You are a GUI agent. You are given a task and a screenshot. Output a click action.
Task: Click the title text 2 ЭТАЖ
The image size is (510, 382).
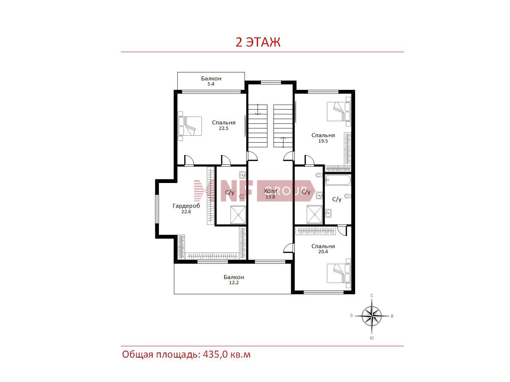pyautogui.click(x=258, y=42)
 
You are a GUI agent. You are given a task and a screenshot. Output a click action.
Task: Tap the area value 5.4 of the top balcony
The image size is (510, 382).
pyautogui.click(x=211, y=84)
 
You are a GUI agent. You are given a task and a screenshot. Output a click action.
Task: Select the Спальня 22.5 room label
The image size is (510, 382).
pyautogui.click(x=224, y=125)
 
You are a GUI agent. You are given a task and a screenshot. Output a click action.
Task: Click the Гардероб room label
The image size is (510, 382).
pyautogui.click(x=186, y=206)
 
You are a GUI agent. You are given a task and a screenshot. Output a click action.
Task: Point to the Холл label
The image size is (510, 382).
pyautogui.click(x=270, y=191)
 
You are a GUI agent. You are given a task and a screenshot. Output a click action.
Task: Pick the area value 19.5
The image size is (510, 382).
pyautogui.click(x=323, y=141)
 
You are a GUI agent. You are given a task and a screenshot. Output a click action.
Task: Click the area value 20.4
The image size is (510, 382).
pyautogui.click(x=323, y=252)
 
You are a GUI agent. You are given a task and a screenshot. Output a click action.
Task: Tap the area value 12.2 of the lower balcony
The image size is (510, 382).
pyautogui.click(x=234, y=283)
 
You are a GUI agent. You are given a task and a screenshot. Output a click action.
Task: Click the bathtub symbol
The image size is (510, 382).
pyautogui.click(x=338, y=180)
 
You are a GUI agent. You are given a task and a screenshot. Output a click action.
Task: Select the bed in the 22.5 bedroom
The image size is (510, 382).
pyautogui.click(x=190, y=126)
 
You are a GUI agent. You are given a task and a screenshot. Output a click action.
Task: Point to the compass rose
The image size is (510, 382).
pyautogui.click(x=372, y=316)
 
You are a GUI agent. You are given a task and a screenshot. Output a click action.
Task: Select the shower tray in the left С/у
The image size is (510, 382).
pyautogui.click(x=238, y=215)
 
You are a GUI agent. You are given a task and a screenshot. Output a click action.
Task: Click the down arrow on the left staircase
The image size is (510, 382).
pyautogui.click(x=258, y=110)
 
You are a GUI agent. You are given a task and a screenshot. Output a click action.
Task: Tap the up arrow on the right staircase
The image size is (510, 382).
pyautogui.click(x=283, y=142)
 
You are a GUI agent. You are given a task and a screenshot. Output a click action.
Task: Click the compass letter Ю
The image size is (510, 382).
pyautogui.click(x=372, y=338)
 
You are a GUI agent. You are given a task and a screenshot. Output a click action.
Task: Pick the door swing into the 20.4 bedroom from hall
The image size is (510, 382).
pyautogui.click(x=289, y=248)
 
